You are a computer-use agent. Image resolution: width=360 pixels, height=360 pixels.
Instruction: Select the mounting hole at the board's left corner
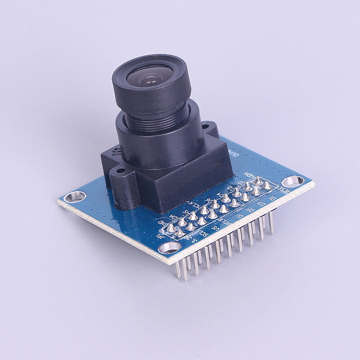[75, 196]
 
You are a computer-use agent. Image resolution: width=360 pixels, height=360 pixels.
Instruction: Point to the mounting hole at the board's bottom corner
[171, 247]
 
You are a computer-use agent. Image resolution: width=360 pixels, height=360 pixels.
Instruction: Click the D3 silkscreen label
[262, 204]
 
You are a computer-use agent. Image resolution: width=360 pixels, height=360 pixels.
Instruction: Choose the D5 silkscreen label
[252, 210]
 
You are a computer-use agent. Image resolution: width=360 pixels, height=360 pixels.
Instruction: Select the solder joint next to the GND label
[171, 228]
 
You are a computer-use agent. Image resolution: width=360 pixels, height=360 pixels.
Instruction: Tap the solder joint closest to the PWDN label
[257, 181]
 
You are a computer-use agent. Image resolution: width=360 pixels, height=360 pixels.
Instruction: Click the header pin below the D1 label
[271, 223]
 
